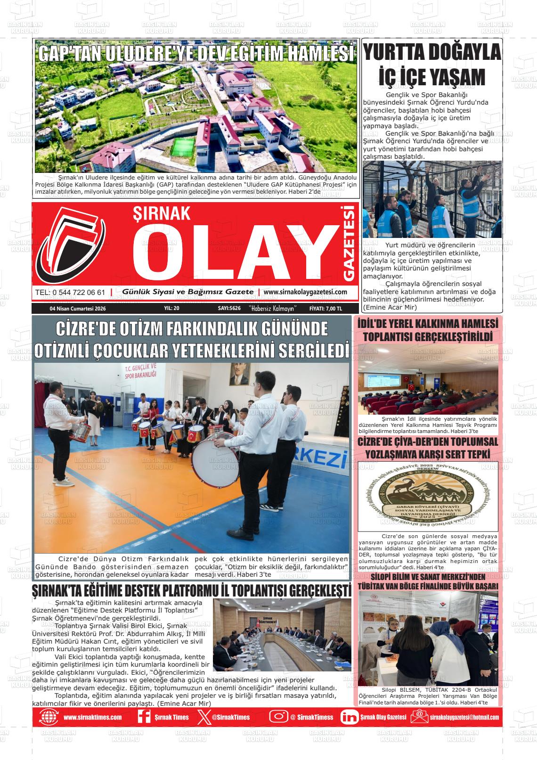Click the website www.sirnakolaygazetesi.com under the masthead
pos(305,292)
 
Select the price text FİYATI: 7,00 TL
pos(325,309)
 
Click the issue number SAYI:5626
pos(229,309)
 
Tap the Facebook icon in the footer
pos(144,717)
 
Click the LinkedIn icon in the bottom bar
pos(349,717)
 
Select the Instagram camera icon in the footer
pos(278,717)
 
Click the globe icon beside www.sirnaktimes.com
pos(49,717)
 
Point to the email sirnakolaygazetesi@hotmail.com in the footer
pos(464,717)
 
